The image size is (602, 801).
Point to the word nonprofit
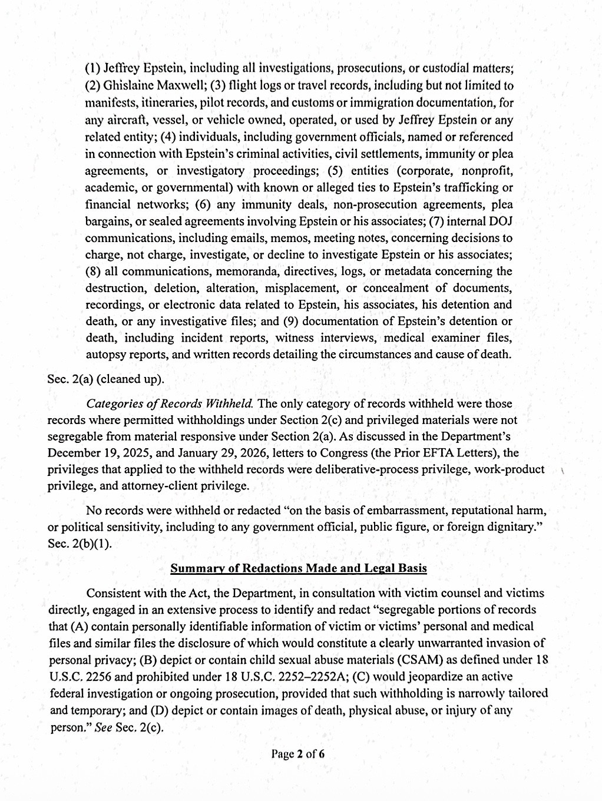pos(485,171)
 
